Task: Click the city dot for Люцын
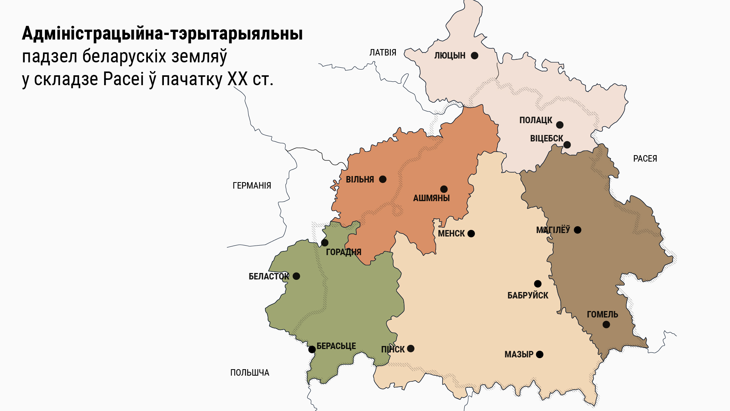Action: coord(474,56)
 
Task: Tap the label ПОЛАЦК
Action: coord(535,120)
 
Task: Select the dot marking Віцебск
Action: coord(567,145)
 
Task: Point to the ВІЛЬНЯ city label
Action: coord(360,179)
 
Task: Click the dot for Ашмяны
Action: coord(444,189)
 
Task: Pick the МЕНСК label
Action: coord(451,233)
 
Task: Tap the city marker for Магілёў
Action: coord(578,230)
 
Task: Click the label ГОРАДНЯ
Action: coord(343,252)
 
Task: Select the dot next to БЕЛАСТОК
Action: coord(296,276)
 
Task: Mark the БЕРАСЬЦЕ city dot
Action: coord(312,349)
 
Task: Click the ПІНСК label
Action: coord(393,349)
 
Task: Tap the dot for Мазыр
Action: coord(540,354)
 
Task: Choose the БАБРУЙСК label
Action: coord(528,295)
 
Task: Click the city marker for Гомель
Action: coord(606,325)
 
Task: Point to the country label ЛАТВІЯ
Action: coord(382,52)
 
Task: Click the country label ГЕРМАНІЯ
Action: coord(252,186)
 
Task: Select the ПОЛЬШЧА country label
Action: coord(249,373)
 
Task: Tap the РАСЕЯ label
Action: coord(645,159)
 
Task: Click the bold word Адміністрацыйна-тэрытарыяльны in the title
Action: coord(162,33)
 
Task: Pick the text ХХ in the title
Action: coord(237,79)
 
